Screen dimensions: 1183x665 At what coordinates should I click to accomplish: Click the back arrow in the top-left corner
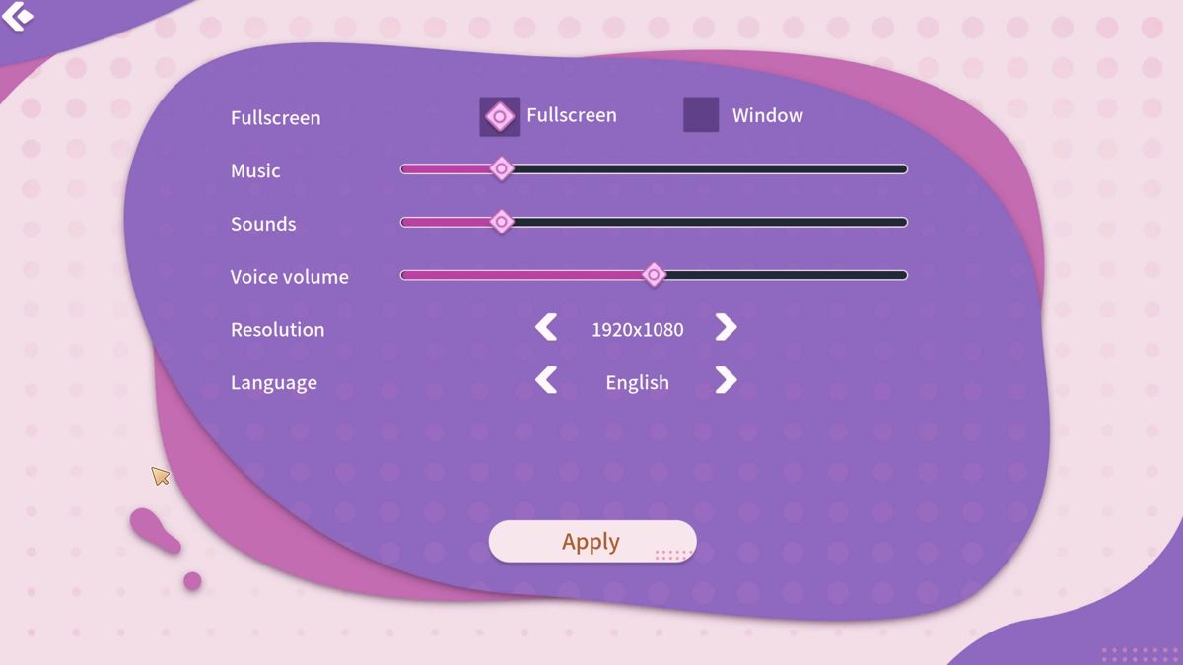point(18,16)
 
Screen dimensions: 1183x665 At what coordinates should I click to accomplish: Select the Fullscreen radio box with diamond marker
point(499,116)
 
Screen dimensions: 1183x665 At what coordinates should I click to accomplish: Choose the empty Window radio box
point(701,114)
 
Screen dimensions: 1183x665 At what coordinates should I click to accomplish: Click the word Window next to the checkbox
point(767,115)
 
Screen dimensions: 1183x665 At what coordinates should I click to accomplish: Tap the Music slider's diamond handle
point(501,168)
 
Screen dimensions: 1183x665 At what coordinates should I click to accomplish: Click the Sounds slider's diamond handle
point(501,222)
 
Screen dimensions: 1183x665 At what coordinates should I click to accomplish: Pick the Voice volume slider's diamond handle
point(654,275)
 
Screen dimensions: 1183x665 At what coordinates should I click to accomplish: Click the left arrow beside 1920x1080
point(546,328)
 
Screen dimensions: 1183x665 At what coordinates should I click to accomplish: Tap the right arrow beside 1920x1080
point(727,328)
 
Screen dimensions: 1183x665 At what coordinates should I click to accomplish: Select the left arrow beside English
point(546,380)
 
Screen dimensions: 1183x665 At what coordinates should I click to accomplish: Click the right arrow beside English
point(727,380)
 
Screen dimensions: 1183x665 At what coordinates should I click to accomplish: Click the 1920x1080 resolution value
point(638,329)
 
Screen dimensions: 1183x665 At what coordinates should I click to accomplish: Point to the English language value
point(638,383)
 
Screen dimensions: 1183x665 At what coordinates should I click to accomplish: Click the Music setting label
point(255,170)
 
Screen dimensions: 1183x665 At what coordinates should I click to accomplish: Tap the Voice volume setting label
point(290,277)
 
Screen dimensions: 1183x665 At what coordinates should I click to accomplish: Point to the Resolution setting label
point(278,329)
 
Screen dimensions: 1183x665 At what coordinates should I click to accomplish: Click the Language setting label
point(274,383)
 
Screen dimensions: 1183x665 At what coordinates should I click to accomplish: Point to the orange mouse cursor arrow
point(160,476)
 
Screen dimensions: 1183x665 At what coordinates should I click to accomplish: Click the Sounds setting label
point(263,224)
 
